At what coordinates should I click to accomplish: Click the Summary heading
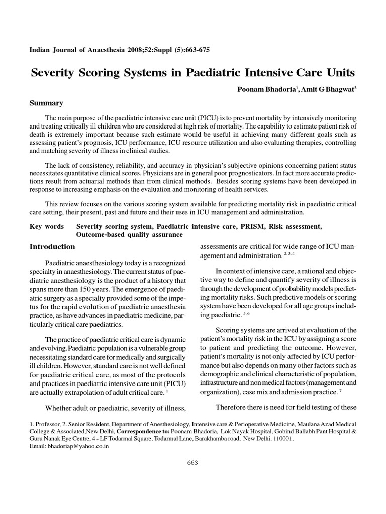[x=46, y=103]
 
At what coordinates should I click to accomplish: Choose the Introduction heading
[x=52, y=247]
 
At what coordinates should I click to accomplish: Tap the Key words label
[x=47, y=227]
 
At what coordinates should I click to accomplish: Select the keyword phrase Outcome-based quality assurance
[x=130, y=235]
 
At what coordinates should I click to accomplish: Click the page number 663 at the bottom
[x=193, y=462]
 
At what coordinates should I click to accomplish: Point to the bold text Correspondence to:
[x=143, y=431]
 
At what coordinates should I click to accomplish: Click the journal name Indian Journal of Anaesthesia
[x=77, y=50]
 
